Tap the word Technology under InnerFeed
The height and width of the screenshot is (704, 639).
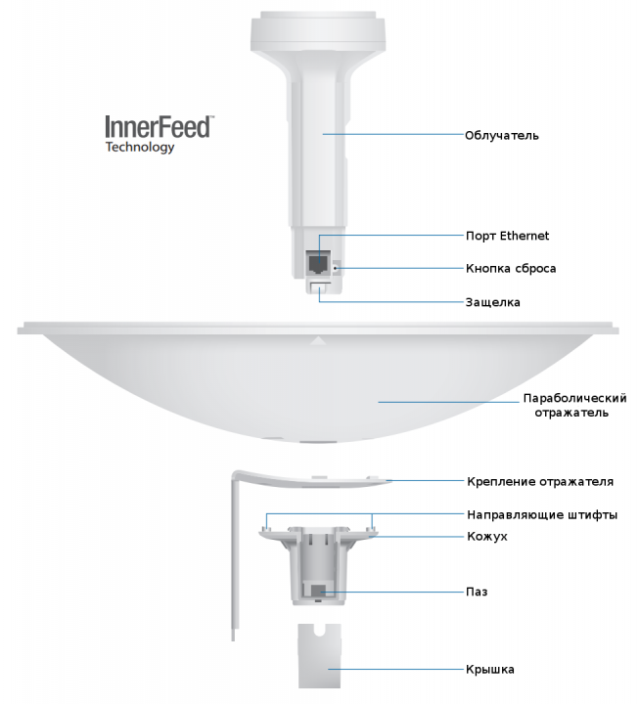[x=140, y=149]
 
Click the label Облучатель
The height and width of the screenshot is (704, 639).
[x=501, y=135]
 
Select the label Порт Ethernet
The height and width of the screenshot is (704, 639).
[x=507, y=236]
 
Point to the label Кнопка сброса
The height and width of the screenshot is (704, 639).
[x=510, y=268]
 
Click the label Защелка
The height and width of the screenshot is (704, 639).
[x=492, y=302]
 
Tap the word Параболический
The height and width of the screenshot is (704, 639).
[x=574, y=398]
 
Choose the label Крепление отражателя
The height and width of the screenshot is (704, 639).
[x=540, y=481]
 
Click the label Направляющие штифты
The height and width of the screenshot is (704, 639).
[x=541, y=514]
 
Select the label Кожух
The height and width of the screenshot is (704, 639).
[x=486, y=537]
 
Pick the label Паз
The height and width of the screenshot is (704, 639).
[x=477, y=593]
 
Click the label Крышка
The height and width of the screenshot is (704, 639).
[x=490, y=670]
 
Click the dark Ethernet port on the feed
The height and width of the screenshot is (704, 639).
[x=318, y=264]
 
